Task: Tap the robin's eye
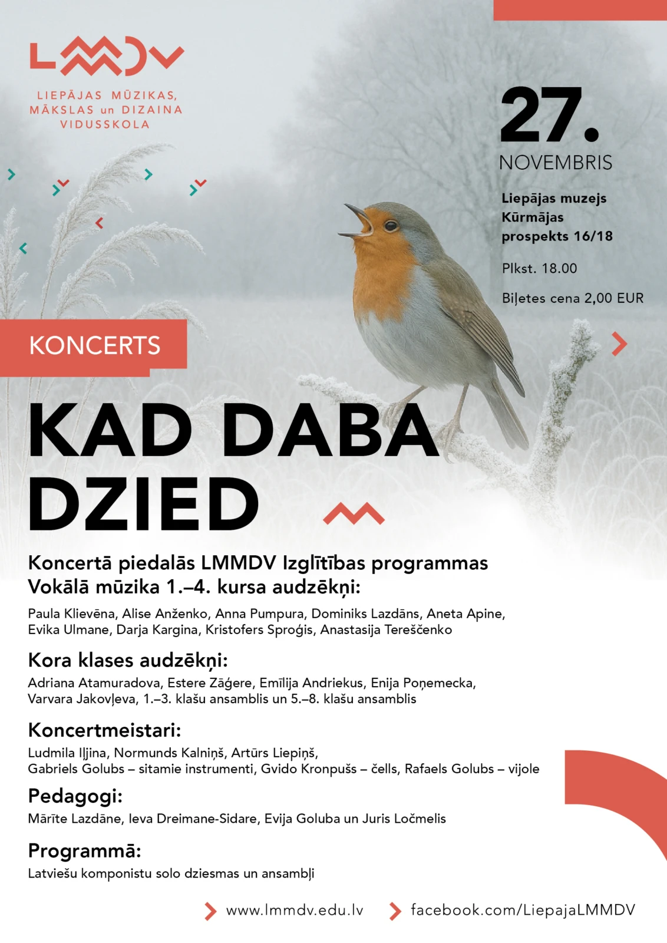(390, 226)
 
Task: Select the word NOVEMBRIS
(555, 163)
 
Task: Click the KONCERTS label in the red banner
(94, 345)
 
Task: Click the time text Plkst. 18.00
(539, 269)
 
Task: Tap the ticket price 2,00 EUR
(613, 298)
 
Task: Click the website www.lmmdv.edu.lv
(295, 910)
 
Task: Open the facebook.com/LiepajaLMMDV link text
(523, 910)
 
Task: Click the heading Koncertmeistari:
(104, 730)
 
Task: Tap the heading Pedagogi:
(75, 796)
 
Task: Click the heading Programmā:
(84, 851)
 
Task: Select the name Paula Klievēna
(71, 614)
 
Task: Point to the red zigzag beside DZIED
(354, 514)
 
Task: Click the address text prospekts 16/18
(557, 236)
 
